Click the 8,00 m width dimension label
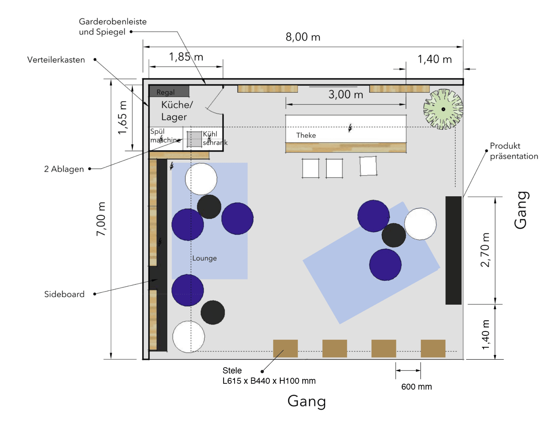303,37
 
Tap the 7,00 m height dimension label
101,219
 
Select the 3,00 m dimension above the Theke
346,94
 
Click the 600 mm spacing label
417,387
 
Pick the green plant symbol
443,109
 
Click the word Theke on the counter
306,135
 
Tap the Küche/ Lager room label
177,111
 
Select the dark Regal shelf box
169,91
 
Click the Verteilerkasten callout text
56,60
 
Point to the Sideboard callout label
64,294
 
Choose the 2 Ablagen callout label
64,169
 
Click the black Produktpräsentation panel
453,250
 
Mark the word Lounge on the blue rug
204,258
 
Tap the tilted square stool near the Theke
368,166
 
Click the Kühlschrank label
215,138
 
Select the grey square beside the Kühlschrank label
194,139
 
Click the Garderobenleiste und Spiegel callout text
112,26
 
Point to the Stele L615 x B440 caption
269,376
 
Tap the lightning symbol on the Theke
350,128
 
